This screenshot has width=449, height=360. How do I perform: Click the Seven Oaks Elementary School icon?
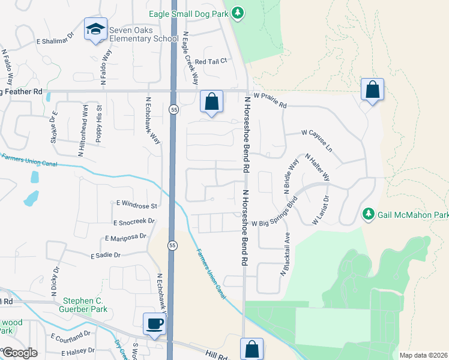(95, 29)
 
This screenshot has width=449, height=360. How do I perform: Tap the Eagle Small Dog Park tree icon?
(238, 13)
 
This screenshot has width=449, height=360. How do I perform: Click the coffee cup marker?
(154, 324)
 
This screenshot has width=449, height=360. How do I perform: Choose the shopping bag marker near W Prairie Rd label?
(372, 90)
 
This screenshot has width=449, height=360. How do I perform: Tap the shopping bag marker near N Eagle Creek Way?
(211, 101)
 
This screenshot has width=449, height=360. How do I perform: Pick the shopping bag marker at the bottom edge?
(252, 349)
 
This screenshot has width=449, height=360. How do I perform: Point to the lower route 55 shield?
(172, 245)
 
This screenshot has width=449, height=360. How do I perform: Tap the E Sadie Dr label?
(106, 255)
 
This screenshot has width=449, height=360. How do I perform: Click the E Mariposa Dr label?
(125, 237)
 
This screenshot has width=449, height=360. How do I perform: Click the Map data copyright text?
(424, 355)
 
